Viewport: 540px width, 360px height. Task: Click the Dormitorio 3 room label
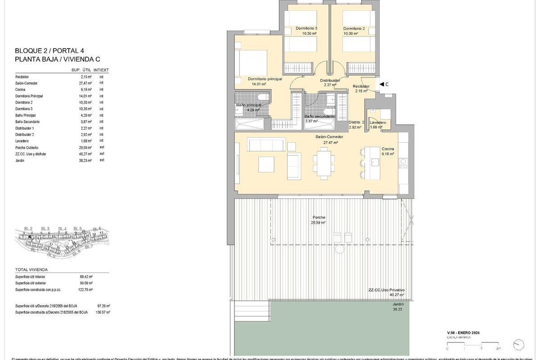[306, 28]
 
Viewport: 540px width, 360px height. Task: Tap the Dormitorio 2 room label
[354, 28]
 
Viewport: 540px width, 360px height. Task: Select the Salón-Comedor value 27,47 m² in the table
[85, 83]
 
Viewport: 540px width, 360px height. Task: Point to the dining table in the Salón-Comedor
[324, 162]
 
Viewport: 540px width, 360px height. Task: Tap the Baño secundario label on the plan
[319, 116]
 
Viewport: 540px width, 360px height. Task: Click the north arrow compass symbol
[518, 344]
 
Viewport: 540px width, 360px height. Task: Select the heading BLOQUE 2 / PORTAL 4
[49, 50]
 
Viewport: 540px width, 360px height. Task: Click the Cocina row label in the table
[20, 90]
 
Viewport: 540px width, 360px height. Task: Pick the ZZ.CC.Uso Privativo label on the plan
[386, 290]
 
